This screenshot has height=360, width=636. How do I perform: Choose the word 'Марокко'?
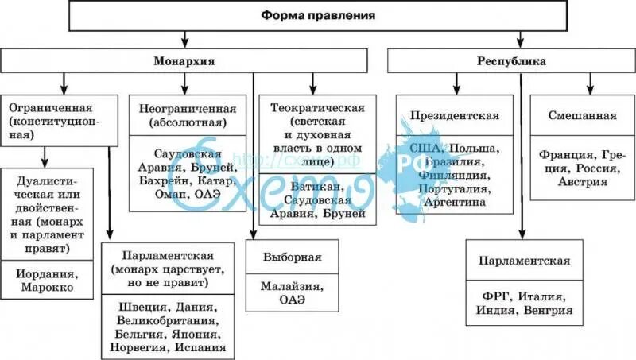point(48,286)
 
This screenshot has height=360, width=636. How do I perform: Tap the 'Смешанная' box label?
point(583,116)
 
